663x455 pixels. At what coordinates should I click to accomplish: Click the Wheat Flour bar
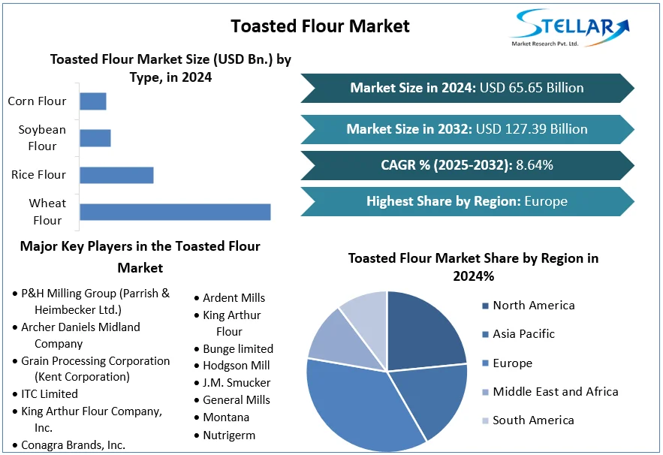[x=175, y=212]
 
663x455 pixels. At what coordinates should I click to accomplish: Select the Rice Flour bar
[x=116, y=175]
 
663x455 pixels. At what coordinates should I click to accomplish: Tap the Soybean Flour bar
[x=95, y=138]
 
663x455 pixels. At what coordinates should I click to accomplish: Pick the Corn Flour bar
[x=93, y=101]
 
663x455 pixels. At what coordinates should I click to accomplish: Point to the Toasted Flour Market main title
[x=320, y=26]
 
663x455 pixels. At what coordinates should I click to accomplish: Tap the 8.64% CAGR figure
[x=535, y=165]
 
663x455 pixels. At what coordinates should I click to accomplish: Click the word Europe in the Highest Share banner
[x=546, y=201]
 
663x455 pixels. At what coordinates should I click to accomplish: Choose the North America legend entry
[x=533, y=306]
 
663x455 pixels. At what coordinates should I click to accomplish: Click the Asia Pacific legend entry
[x=523, y=334]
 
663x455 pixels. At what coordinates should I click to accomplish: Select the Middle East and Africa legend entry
[x=555, y=392]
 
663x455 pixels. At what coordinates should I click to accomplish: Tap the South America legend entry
[x=533, y=420]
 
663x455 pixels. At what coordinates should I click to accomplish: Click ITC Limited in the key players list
[x=50, y=393]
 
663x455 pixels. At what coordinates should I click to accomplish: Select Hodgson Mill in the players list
[x=236, y=366]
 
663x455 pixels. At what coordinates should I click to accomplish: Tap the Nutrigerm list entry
[x=229, y=435]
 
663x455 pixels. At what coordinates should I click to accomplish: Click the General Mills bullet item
[x=236, y=400]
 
